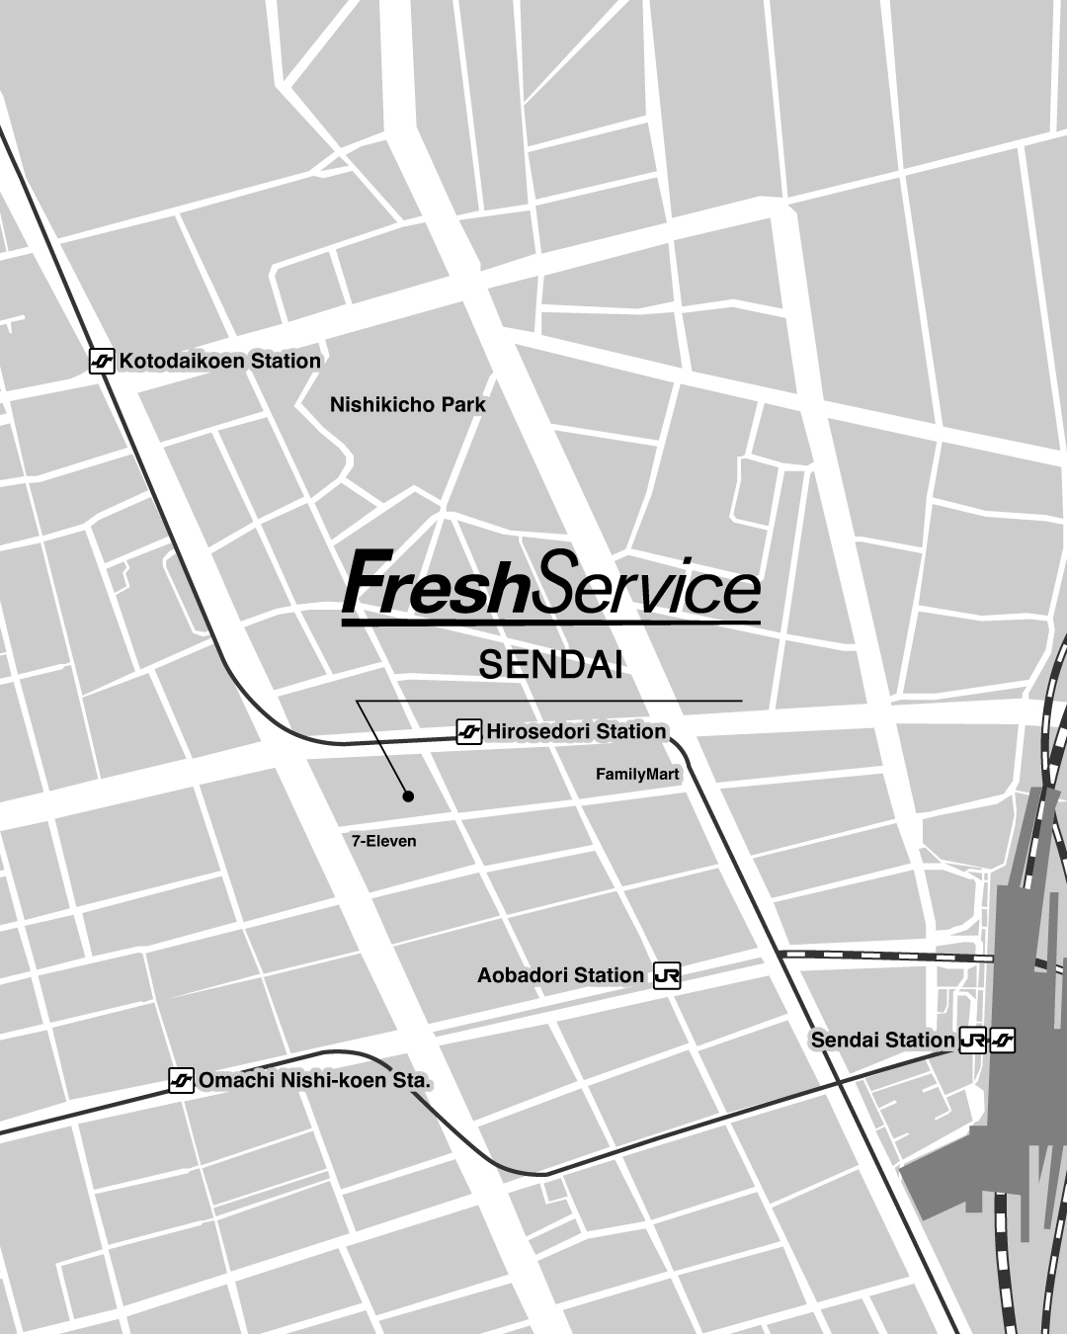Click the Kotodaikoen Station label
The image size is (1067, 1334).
(219, 361)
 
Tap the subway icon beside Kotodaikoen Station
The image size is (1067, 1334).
(102, 362)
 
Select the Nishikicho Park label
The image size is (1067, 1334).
(407, 404)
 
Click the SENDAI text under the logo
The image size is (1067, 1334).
(550, 665)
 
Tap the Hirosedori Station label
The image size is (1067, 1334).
(576, 731)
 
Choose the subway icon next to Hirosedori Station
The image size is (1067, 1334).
(469, 732)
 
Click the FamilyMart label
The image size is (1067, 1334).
(637, 774)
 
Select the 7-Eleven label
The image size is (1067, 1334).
(383, 841)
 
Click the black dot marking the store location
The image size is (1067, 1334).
(407, 795)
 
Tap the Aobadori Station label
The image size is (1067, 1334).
(560, 975)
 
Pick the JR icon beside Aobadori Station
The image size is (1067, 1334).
(667, 976)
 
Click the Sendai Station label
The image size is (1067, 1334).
(882, 1040)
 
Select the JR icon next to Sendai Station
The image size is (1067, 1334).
(972, 1041)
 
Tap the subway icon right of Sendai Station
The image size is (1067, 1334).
(1002, 1041)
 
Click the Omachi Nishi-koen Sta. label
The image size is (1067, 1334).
(315, 1080)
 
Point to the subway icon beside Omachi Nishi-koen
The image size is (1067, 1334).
(181, 1081)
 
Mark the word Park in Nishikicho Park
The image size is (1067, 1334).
(463, 404)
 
